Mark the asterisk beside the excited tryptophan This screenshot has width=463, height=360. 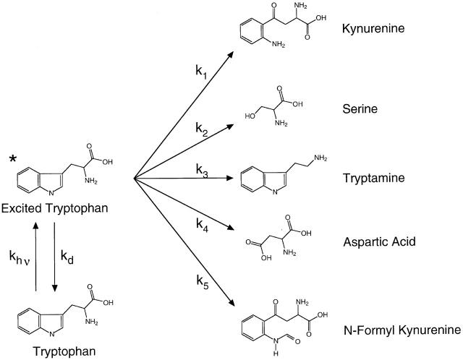tap(12, 158)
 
